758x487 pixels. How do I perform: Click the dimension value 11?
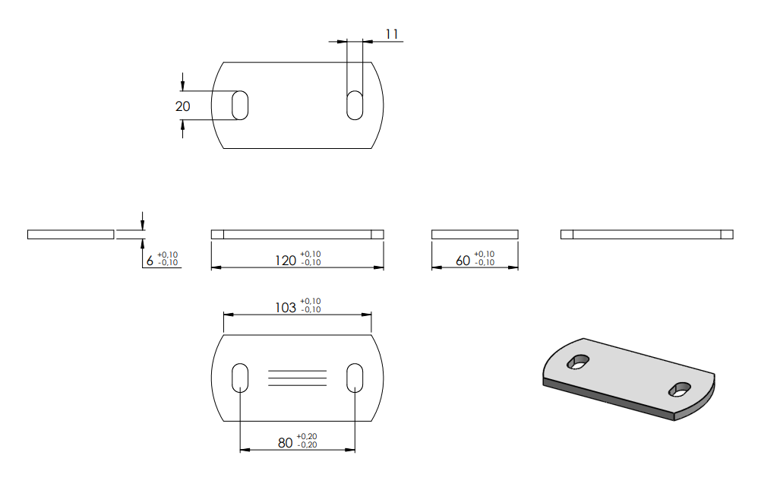pos(392,34)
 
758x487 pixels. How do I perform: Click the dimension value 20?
pos(183,106)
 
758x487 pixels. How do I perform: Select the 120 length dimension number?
pos(286,261)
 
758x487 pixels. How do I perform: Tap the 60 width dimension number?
pos(463,261)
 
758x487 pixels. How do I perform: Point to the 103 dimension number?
pos(286,308)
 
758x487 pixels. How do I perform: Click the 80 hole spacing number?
pos(286,442)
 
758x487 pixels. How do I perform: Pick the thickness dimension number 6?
pos(150,261)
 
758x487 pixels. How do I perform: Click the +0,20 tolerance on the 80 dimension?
pos(307,437)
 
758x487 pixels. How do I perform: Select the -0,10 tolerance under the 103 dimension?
pos(311,309)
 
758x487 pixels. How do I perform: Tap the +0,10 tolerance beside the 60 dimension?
pos(484,254)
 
